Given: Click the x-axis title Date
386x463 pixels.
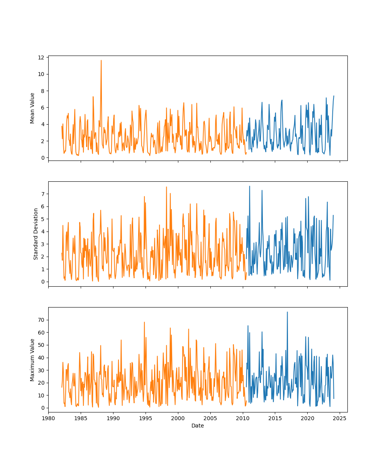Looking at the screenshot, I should coord(198,426).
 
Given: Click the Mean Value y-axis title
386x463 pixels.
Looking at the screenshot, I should coord(32,108).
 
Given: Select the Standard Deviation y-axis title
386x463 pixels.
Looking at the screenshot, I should coord(36,234).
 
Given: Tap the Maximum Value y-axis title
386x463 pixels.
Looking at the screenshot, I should coord(32,360).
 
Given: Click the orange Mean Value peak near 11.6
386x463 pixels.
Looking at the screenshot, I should coord(101,60).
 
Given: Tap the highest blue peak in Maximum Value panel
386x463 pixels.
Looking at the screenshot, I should coord(287,312).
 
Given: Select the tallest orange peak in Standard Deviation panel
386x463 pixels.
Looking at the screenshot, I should coord(166,187).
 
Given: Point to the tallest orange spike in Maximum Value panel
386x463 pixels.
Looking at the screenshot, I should coord(144,322).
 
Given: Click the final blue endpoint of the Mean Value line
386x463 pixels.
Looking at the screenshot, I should coord(334,96).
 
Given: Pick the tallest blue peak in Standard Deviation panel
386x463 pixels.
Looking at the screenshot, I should coord(249,186).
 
